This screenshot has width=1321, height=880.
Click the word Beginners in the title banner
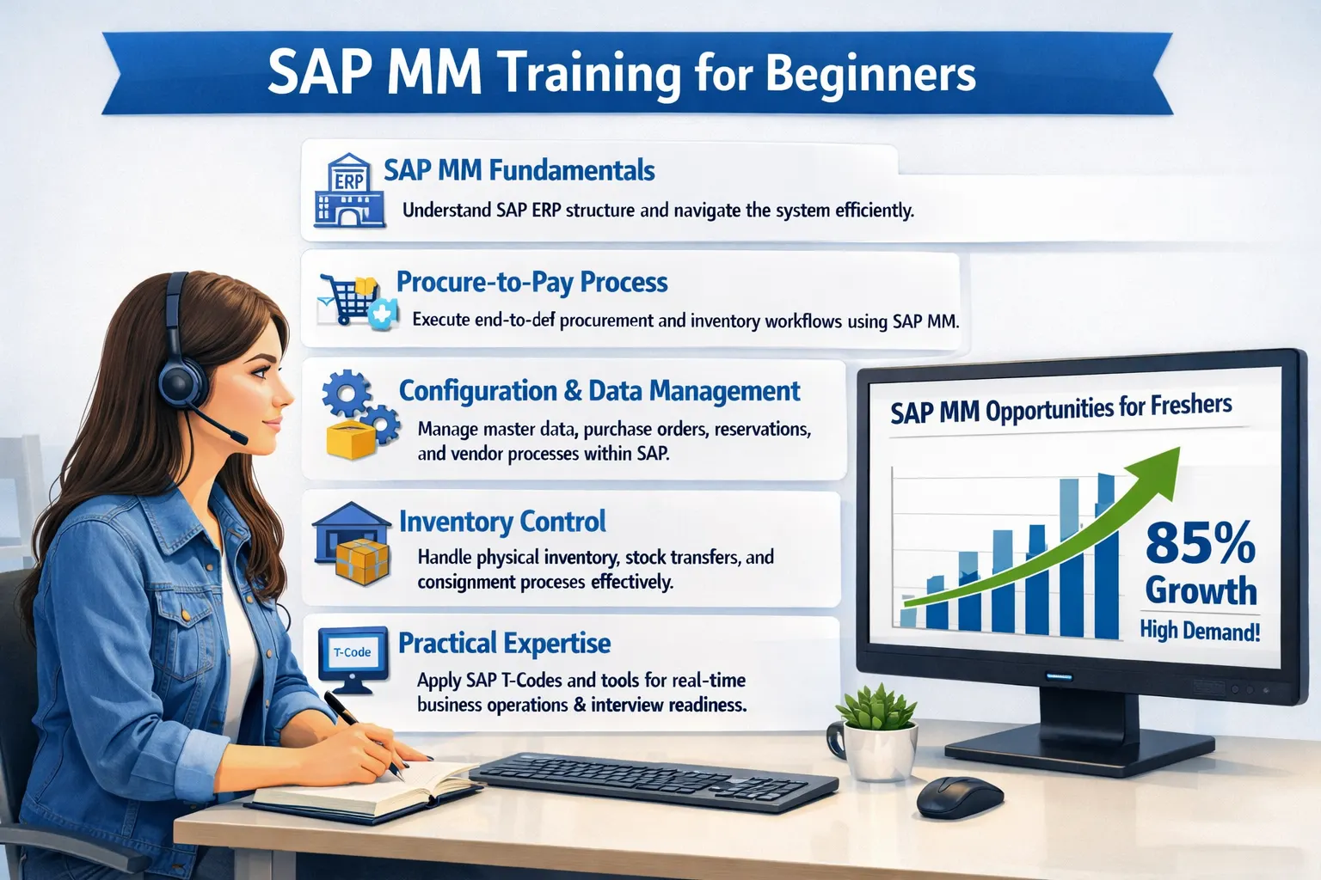point(869,74)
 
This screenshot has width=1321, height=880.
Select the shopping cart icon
point(348,298)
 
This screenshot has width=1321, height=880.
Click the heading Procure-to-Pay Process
point(531,282)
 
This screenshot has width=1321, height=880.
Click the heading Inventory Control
point(502,522)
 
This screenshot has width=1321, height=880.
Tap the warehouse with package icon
point(353,544)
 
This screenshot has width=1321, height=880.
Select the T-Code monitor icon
point(352,658)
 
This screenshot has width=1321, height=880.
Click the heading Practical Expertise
point(504,643)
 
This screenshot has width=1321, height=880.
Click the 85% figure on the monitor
point(1200,543)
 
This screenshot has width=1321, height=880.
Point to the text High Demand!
point(1200,631)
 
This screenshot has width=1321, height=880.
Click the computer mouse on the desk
point(959,797)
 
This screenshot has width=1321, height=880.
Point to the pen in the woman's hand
point(361,730)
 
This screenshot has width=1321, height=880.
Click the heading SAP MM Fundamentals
point(519,170)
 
